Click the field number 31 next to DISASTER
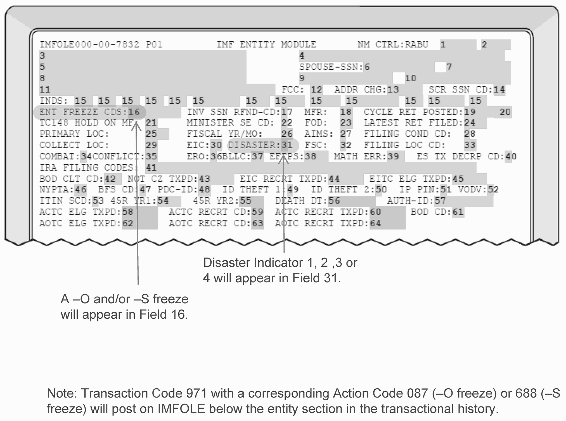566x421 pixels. (287, 145)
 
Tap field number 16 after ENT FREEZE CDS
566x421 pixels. (134, 112)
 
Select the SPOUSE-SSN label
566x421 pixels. (331, 67)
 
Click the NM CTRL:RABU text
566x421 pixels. (393, 45)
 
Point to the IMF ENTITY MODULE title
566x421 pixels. (266, 45)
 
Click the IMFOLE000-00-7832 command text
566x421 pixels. (89, 45)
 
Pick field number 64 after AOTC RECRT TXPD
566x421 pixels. (375, 223)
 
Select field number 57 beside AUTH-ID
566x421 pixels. (440, 201)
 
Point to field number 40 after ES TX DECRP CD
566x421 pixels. (511, 156)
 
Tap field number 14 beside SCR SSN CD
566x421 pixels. (499, 90)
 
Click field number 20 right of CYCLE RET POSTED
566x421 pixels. (505, 112)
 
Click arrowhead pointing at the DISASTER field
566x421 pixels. (284, 159)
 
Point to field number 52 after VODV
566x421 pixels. (493, 190)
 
